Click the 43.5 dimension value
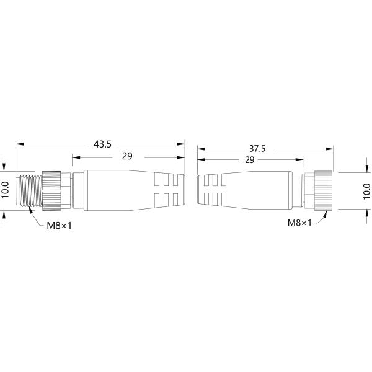click(102, 144)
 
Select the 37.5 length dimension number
click(257, 148)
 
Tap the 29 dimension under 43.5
click(126, 156)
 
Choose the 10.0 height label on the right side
click(366, 190)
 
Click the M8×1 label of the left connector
click(60, 225)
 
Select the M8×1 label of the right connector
click(299, 223)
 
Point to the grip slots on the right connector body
click(211, 190)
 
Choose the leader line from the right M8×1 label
click(321, 217)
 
